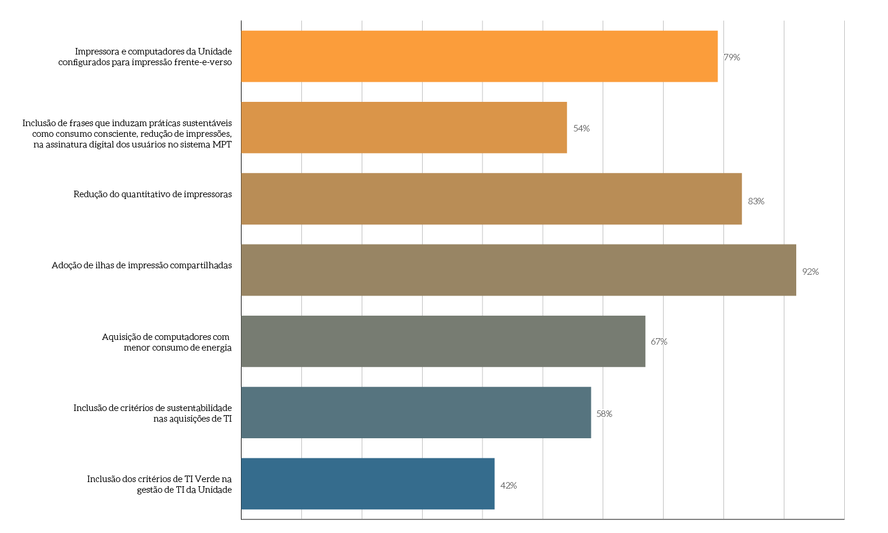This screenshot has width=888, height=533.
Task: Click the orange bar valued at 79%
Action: pos(479,56)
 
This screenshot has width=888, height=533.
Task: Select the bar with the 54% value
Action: pos(404,127)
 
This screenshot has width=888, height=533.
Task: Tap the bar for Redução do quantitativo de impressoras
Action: pos(491,198)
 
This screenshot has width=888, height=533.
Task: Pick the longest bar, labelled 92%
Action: pos(519,270)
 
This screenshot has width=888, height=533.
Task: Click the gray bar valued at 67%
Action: pos(443,341)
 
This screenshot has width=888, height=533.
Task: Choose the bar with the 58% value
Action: pos(416,412)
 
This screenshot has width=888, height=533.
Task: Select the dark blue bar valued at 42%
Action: pos(368,483)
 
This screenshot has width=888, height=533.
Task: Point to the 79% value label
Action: pos(732,57)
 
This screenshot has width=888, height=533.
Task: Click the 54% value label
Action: pos(581,129)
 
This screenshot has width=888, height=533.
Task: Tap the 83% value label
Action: pos(756,201)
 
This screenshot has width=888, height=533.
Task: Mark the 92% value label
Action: pos(810,272)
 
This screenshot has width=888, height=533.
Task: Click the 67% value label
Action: pos(659,342)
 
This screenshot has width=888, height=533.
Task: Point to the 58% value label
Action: pos(604,414)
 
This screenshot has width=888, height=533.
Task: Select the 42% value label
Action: pos(509,486)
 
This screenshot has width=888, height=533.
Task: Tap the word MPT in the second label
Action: pos(222,145)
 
